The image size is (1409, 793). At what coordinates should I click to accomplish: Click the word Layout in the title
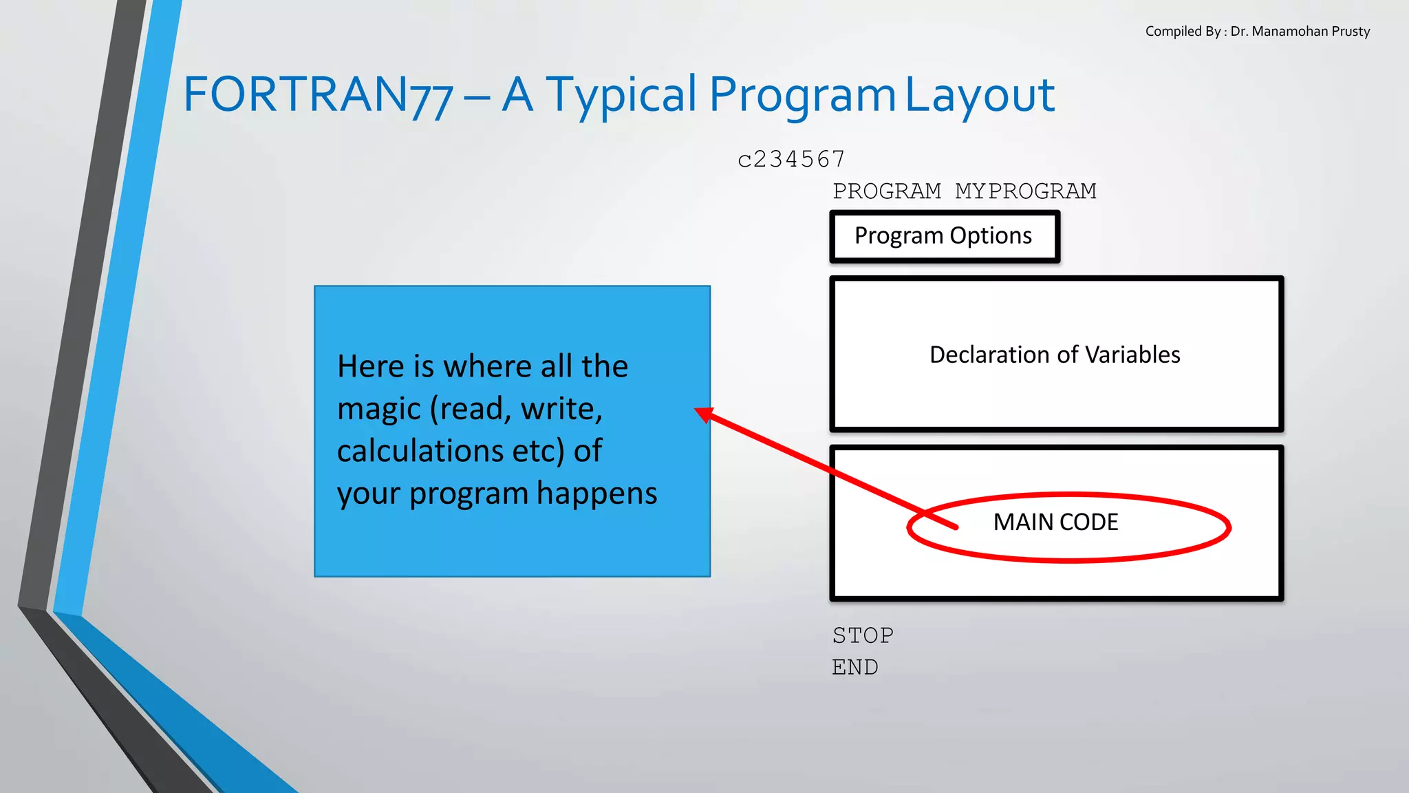coord(979,94)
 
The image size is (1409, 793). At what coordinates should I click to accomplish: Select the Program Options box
coord(944,236)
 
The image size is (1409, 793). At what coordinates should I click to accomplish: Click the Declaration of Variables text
coord(1055,355)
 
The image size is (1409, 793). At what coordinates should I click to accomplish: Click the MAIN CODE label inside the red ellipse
coord(1055,522)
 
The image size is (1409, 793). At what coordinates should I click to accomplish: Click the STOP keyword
coord(863,635)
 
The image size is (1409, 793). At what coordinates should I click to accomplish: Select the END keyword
coord(855,667)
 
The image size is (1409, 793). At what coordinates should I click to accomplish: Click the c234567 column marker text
coord(791,159)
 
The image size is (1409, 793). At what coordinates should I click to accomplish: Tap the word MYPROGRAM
coord(1025,191)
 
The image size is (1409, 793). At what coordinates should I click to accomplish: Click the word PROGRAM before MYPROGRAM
coord(886,191)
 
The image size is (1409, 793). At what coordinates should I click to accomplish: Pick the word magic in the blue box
coord(378,409)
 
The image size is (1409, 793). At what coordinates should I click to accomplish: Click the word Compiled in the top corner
coord(1173,31)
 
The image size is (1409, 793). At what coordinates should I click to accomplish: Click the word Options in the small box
coord(991,236)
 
